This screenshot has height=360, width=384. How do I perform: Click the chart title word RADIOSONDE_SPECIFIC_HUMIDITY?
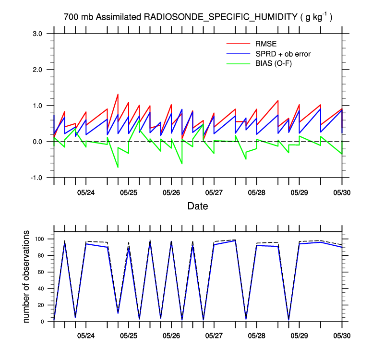tap(221, 17)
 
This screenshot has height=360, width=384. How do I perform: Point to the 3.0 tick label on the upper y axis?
tap(38, 34)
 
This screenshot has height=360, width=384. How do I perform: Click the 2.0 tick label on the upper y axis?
tap(38, 70)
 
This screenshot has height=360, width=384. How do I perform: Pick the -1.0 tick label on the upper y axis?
tap(37, 178)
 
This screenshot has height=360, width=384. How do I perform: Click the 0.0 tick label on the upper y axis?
tap(38, 142)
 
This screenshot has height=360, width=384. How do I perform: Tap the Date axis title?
tap(198, 206)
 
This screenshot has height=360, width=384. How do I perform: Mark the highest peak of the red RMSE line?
tap(118, 95)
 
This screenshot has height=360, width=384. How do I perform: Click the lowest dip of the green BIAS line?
tap(118, 167)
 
